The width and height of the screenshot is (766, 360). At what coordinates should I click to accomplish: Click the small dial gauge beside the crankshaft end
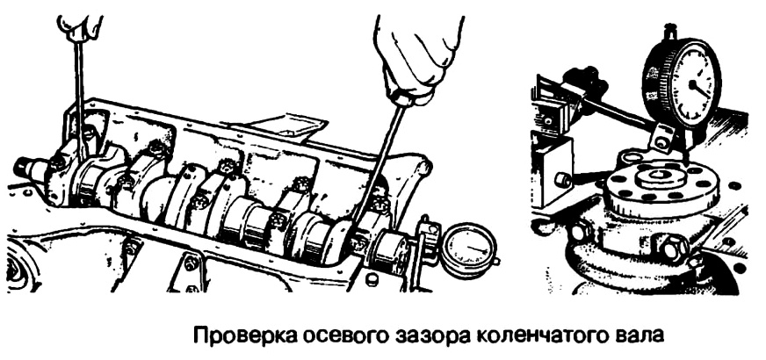pyautogui.click(x=468, y=250)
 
